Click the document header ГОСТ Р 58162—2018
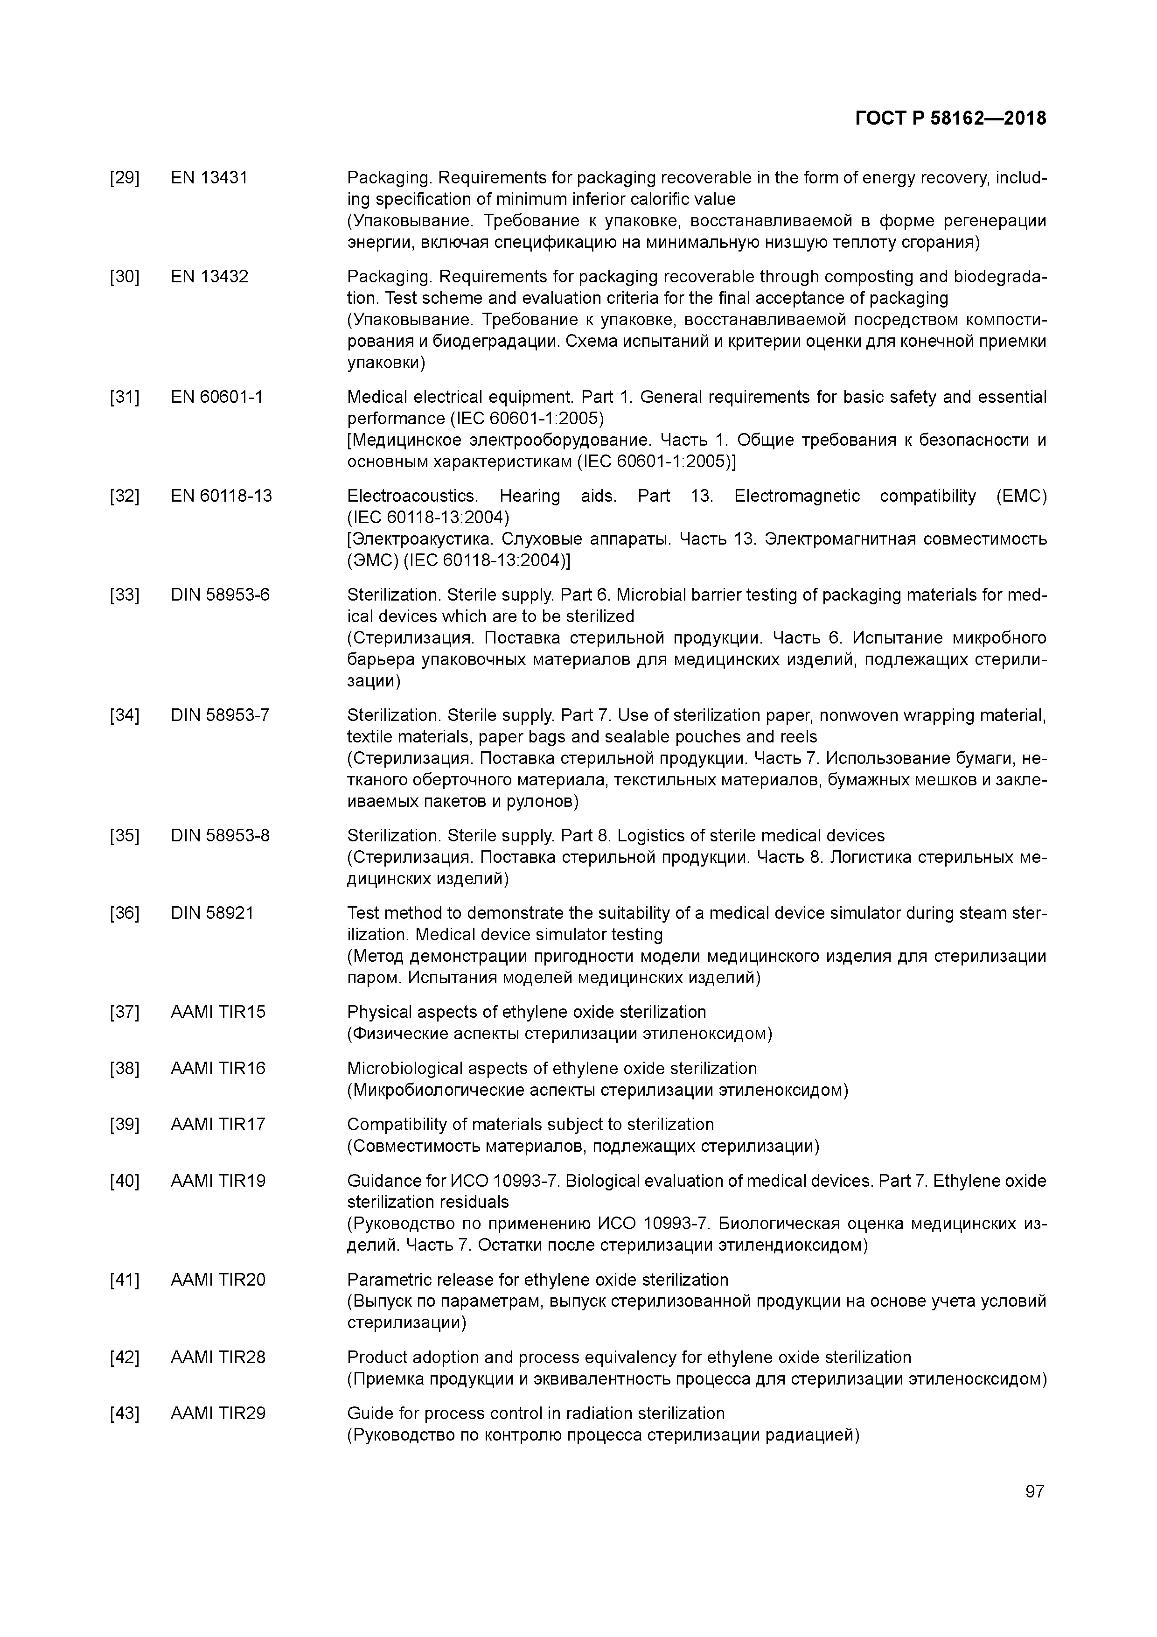tap(950, 119)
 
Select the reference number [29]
tap(125, 177)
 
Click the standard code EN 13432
tap(209, 277)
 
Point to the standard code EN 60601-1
tap(217, 397)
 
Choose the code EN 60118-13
tap(221, 496)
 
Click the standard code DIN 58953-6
tap(220, 595)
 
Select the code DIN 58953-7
tap(220, 715)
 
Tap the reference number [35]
tap(125, 836)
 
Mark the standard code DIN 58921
tap(212, 913)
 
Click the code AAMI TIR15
tap(218, 1013)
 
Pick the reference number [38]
tap(125, 1069)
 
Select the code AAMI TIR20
tap(218, 1280)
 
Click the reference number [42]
tap(125, 1357)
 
